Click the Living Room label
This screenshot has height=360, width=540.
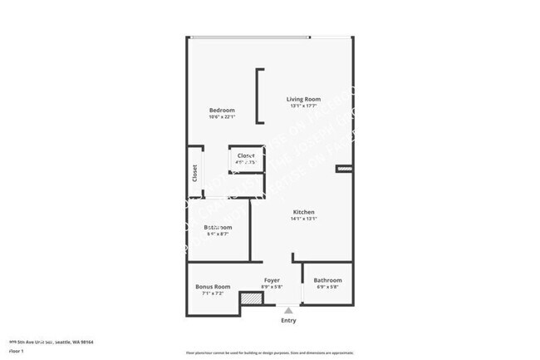304,99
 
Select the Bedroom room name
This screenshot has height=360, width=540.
222,111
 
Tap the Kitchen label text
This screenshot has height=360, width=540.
303,212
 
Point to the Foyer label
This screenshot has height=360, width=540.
272,280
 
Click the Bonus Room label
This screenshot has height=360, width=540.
213,287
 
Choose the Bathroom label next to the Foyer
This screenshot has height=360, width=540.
327,280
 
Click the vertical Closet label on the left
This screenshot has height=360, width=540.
194,172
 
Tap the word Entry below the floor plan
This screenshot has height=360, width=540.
288,321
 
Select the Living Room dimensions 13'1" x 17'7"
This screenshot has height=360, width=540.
304,106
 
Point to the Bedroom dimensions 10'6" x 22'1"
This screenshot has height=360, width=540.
222,117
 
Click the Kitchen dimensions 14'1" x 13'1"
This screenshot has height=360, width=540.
303,219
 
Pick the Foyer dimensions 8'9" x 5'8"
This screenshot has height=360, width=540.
272,287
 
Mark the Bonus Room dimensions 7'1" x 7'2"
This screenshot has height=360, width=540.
213,293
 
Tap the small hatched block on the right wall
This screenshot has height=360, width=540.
344,169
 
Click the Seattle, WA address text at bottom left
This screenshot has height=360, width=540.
50,342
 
